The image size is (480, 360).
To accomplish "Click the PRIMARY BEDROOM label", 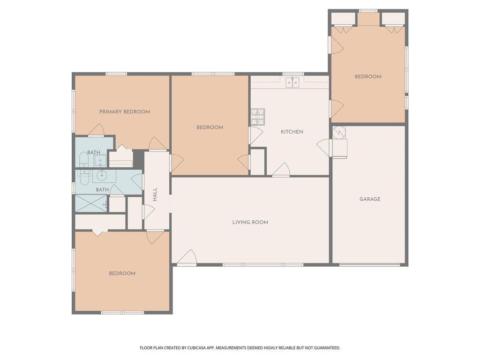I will click(124, 112).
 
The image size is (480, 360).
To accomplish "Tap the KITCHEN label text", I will click(292, 132).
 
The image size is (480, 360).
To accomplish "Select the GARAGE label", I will click(370, 199).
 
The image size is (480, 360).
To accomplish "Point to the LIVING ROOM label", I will click(250, 222).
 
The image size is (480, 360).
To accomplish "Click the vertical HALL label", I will click(155, 195).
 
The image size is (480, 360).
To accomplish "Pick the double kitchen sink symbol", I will click(292, 83).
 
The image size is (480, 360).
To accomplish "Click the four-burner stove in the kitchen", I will click(257, 117).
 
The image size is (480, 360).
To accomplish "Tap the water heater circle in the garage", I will click(338, 132).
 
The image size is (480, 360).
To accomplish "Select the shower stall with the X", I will click(91, 203).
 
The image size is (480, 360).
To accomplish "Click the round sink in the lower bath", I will click(104, 176).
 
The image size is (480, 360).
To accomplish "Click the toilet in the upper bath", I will click(83, 160).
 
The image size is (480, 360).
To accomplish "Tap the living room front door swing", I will click(188, 257).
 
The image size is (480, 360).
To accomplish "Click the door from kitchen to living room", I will click(281, 170).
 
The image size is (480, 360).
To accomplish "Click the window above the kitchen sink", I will click(293, 74).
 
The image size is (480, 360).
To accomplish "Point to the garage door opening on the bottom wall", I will click(369, 265).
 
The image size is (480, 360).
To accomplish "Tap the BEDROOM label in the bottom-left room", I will click(122, 274).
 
